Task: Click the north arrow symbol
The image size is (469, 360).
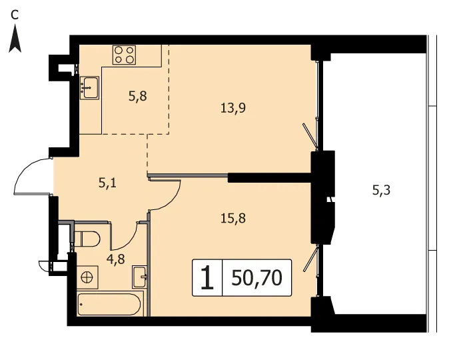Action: pos(15,39)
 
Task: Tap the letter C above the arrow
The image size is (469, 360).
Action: pos(15,15)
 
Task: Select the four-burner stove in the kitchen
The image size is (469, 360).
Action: pos(124,55)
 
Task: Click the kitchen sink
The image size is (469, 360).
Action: pos(89,87)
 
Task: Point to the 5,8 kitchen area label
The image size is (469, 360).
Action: pos(138,97)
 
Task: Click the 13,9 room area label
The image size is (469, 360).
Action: pos(233,108)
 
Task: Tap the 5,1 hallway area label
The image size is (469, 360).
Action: pos(107,183)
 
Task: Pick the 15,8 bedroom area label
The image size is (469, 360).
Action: pos(233,218)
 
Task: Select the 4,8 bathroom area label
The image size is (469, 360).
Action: pos(115,259)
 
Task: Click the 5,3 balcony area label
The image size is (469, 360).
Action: pos(381,190)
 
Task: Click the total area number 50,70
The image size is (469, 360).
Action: pos(256,278)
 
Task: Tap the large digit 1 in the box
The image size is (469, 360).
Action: pos(207,278)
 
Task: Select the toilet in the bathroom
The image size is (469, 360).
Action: pos(87,239)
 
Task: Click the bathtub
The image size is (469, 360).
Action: pos(109,304)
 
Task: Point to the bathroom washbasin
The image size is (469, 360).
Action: pos(139,277)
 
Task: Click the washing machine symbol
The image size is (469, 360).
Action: pos(87,277)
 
